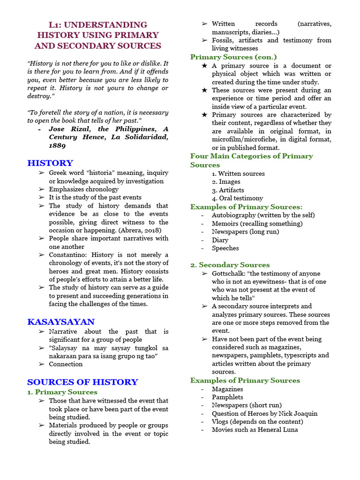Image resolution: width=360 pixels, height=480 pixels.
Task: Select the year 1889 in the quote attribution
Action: pyautogui.click(x=57, y=145)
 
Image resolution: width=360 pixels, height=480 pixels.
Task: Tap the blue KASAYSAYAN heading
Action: pyautogui.click(x=61, y=322)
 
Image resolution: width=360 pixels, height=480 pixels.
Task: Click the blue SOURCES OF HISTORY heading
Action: pyautogui.click(x=82, y=382)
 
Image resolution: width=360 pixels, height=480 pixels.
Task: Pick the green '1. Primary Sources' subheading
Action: pyautogui.click(x=62, y=392)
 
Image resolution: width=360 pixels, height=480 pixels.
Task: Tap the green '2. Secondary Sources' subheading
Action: pyautogui.click(x=230, y=265)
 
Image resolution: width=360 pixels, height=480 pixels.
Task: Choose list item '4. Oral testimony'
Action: pyautogui.click(x=237, y=198)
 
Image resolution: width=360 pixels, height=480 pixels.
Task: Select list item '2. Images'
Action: pyautogui.click(x=226, y=182)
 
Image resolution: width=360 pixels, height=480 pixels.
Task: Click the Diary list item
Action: pyautogui.click(x=220, y=240)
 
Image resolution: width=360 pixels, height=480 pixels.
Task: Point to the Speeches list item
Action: pyautogui.click(x=225, y=248)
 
